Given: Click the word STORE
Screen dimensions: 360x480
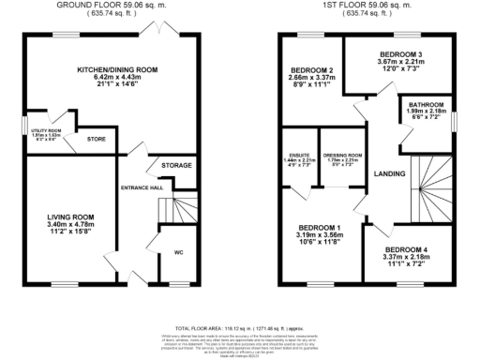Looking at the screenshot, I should coord(97,141).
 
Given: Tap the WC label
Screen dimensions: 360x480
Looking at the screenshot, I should coord(179,252).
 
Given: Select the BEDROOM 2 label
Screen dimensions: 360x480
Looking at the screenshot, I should coord(309,70).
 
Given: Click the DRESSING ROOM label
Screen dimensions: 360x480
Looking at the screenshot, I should coord(337,156).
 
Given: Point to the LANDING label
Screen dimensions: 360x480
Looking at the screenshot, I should coord(388,174).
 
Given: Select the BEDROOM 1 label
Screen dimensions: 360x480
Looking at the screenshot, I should coord(319,228).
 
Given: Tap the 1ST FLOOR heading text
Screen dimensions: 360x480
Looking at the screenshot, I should coord(364,4).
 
